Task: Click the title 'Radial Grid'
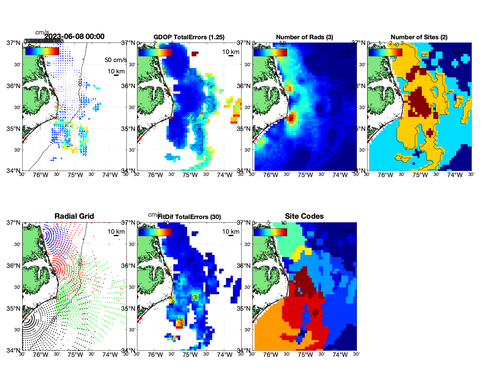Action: (74, 216)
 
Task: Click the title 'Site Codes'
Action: (304, 216)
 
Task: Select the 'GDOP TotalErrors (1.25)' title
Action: (189, 37)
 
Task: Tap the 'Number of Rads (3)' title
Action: (304, 37)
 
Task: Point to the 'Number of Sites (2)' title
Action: (419, 37)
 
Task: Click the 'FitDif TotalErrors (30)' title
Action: (189, 217)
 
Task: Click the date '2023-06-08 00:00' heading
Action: (75, 37)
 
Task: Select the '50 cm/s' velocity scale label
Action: (116, 60)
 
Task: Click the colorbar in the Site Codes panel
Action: (270, 232)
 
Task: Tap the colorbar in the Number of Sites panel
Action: (385, 52)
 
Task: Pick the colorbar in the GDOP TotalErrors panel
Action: (155, 52)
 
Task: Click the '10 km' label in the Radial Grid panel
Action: (116, 232)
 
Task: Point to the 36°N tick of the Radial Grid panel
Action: (13, 266)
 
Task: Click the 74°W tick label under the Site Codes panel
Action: (340, 355)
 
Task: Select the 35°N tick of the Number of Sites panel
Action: (358, 129)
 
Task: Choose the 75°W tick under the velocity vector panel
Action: (75, 175)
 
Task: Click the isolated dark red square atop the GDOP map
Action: (195, 54)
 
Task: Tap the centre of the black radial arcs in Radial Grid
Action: (25, 319)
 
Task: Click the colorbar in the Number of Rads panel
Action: (270, 52)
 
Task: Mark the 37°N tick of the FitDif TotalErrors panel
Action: (129, 223)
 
